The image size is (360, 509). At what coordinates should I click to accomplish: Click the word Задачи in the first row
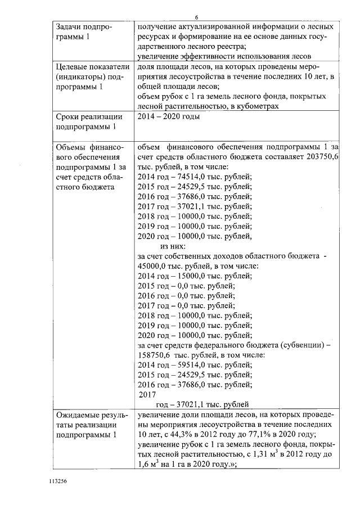pyautogui.click(x=69, y=27)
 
